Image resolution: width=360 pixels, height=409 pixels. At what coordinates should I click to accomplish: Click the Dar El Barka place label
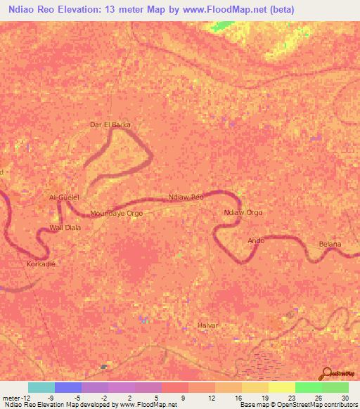(110, 125)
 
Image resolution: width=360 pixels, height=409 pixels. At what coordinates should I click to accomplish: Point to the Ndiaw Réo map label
(186, 197)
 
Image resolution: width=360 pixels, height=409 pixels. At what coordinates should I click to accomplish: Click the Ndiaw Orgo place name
(243, 212)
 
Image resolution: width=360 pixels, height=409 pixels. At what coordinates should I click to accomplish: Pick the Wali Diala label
(65, 227)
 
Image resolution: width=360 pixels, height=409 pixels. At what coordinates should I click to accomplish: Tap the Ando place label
(256, 240)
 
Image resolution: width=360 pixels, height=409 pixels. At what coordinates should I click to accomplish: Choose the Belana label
(330, 244)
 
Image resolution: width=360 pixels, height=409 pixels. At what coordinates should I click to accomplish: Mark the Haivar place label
(208, 325)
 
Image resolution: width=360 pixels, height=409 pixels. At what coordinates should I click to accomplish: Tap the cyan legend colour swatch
(41, 387)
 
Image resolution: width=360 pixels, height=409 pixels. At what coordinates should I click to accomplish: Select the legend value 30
(345, 398)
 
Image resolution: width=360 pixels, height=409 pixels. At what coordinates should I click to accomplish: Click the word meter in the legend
(12, 398)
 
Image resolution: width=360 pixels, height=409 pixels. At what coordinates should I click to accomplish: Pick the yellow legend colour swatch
(281, 387)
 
